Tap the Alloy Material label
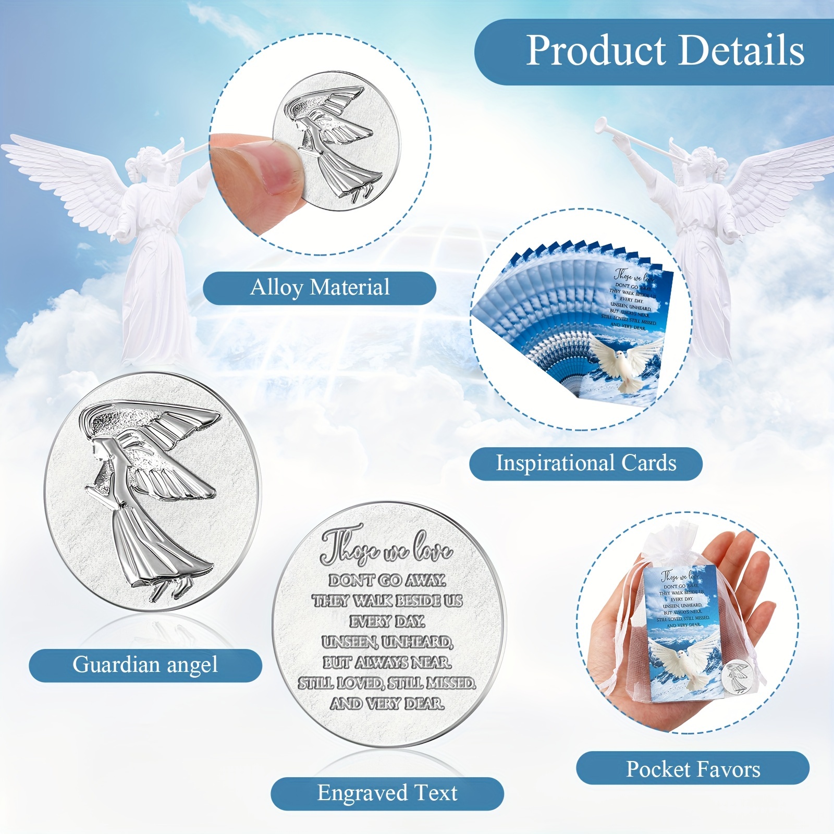pos(319,288)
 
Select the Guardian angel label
pos(145,665)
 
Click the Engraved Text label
pos(387,793)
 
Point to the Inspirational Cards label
pos(585,463)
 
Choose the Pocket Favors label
pos(693,769)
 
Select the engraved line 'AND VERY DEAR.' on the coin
pos(387,704)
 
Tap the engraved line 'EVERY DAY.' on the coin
pos(387,621)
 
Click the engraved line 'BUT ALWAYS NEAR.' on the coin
pos(387,663)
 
